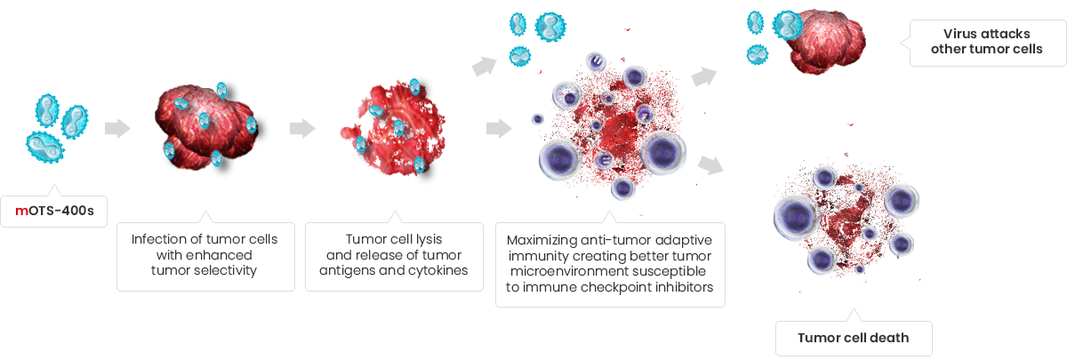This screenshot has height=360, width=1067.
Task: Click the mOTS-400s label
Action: [54, 211]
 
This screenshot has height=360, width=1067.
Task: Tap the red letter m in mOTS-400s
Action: [21, 212]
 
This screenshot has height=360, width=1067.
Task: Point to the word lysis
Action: [429, 239]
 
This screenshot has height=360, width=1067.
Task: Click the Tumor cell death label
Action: [854, 338]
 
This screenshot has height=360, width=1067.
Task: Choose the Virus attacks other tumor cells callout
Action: [987, 43]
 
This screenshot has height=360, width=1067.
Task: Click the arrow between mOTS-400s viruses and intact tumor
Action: [117, 128]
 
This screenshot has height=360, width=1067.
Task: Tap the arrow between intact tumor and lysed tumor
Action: [302, 128]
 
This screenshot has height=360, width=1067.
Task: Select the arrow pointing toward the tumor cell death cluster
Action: [710, 165]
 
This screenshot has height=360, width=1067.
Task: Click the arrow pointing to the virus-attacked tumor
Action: [704, 76]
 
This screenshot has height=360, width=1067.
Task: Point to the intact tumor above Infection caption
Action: [207, 126]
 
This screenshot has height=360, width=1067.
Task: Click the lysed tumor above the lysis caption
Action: [393, 128]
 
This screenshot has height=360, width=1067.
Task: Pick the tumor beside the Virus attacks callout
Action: [826, 42]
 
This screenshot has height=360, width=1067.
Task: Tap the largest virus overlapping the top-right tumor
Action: [788, 25]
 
